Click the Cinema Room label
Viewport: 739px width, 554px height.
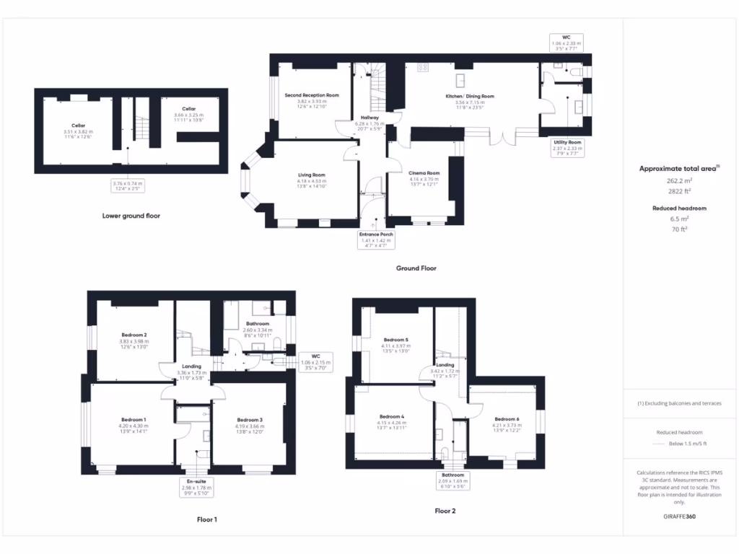pyautogui.click(x=424, y=173)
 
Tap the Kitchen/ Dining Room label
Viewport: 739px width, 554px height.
pyautogui.click(x=470, y=96)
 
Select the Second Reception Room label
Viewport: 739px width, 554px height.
pyautogui.click(x=312, y=95)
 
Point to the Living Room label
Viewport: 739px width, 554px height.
pyautogui.click(x=312, y=175)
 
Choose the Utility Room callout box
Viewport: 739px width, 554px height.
pyautogui.click(x=567, y=147)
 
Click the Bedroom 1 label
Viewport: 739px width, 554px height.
pyautogui.click(x=134, y=420)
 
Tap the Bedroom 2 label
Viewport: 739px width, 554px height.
pyautogui.click(x=134, y=335)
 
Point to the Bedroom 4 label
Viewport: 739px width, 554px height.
pyautogui.click(x=392, y=416)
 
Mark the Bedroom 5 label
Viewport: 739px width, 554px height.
pyautogui.click(x=395, y=340)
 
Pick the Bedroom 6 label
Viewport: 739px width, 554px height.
pyautogui.click(x=506, y=419)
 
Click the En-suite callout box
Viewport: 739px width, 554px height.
pyautogui.click(x=196, y=485)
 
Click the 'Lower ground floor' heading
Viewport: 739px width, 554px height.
pyautogui.click(x=131, y=216)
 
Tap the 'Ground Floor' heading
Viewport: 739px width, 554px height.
pyautogui.click(x=416, y=268)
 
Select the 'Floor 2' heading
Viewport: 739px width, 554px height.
pyautogui.click(x=445, y=511)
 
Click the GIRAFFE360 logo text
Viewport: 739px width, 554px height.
pyautogui.click(x=680, y=516)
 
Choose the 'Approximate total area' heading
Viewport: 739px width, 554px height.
pyautogui.click(x=678, y=169)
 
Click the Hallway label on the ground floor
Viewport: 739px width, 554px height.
pyautogui.click(x=369, y=118)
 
